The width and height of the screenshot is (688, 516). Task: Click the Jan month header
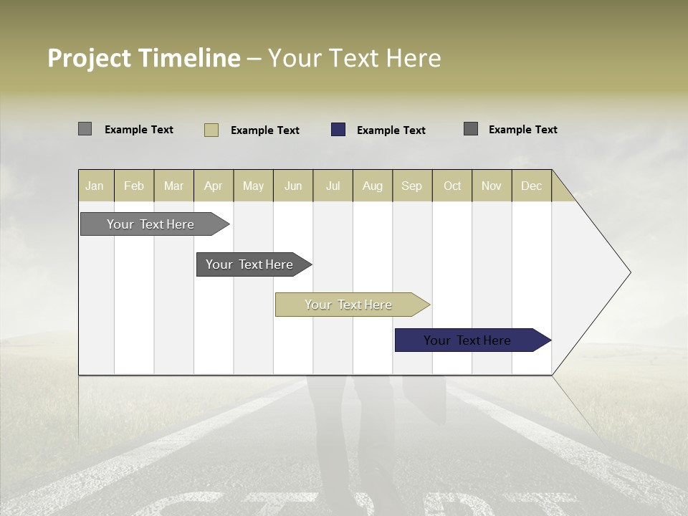(x=95, y=186)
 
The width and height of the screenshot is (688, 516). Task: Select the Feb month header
(x=134, y=186)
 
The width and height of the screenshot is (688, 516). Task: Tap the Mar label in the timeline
(x=173, y=186)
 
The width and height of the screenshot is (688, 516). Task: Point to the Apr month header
(x=213, y=186)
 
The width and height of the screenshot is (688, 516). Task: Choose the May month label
(x=253, y=186)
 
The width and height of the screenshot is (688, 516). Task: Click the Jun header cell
(x=293, y=186)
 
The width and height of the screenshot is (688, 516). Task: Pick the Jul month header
(x=333, y=186)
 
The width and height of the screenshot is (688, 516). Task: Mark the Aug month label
(x=373, y=186)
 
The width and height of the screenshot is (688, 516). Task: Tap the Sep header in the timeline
(x=411, y=186)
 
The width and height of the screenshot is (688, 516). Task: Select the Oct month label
(x=452, y=186)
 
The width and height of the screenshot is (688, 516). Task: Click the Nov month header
(x=492, y=186)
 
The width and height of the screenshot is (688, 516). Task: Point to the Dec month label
(x=532, y=186)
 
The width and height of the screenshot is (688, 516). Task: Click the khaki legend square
(x=211, y=130)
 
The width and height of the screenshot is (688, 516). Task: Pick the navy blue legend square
(x=338, y=130)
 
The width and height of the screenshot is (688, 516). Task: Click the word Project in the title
(x=90, y=58)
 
